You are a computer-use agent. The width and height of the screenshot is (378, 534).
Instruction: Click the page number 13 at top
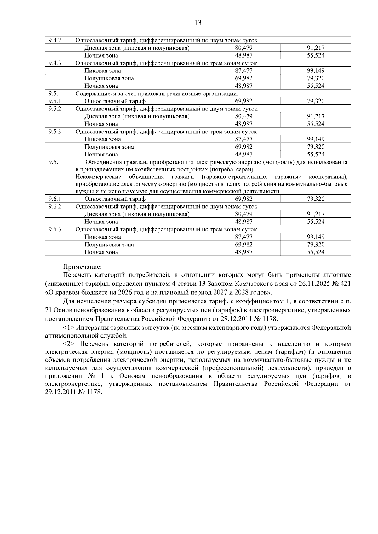click(x=198, y=23)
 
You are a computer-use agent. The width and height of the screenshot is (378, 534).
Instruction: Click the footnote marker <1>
click(x=68, y=328)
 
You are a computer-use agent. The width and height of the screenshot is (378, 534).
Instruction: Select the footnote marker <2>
click(x=68, y=344)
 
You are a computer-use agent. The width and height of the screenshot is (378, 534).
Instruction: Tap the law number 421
click(x=346, y=284)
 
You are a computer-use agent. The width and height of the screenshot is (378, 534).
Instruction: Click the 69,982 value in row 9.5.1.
click(x=243, y=101)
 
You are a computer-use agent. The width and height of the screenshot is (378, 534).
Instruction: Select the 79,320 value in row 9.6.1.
click(x=316, y=199)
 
